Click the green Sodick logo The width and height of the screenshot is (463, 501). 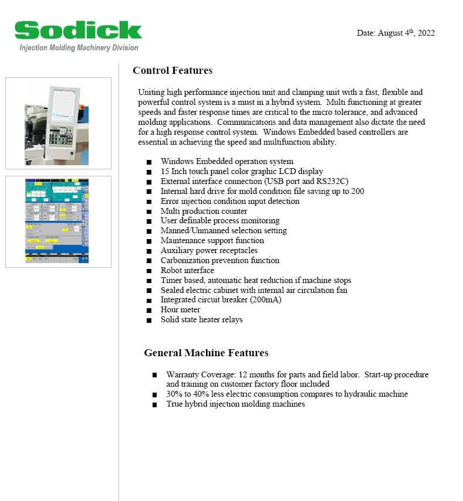(78, 30)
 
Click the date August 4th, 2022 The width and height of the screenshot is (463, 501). (396, 33)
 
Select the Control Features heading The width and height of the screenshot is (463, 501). (173, 71)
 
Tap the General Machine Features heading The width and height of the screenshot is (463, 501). (206, 353)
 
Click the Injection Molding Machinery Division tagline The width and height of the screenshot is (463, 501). (79, 47)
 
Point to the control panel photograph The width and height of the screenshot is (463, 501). (58, 123)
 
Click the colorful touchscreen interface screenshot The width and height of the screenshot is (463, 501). (58, 221)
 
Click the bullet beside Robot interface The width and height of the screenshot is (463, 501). (149, 271)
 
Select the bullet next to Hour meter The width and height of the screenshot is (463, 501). (149, 310)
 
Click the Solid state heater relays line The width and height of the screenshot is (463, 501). (201, 319)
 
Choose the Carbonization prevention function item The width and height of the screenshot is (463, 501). (220, 260)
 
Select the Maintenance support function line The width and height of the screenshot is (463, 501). (212, 240)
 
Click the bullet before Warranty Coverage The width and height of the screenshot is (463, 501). (154, 375)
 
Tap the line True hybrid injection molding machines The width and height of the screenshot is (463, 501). (235, 404)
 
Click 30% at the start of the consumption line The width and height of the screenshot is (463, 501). (175, 394)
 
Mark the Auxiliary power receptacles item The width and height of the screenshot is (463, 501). (209, 250)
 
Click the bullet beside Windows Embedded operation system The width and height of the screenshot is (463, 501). (149, 162)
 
